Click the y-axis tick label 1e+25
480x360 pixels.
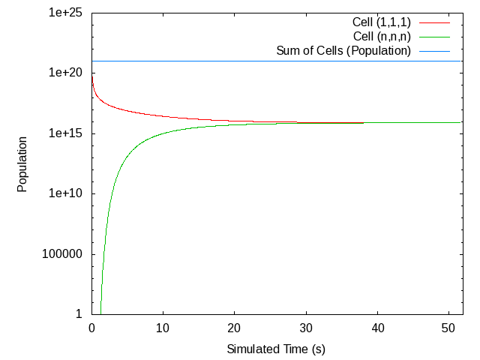pyautogui.click(x=65, y=13)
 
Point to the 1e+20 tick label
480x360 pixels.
pyautogui.click(x=65, y=73)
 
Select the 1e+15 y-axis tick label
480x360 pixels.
pyautogui.click(x=65, y=133)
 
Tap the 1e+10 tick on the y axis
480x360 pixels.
pyautogui.click(x=65, y=193)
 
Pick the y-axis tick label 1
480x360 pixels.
pyautogui.click(x=78, y=313)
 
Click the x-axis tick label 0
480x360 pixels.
pyautogui.click(x=91, y=328)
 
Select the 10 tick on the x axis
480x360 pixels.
pyautogui.click(x=163, y=328)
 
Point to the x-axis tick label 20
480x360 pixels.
pyautogui.click(x=235, y=328)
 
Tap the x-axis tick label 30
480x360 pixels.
pyautogui.click(x=306, y=328)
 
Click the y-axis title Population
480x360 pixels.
pyautogui.click(x=22, y=163)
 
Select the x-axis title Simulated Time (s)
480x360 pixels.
pyautogui.click(x=276, y=349)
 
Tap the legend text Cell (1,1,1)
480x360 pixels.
pyautogui.click(x=382, y=22)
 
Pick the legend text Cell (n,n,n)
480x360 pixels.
pyautogui.click(x=382, y=36)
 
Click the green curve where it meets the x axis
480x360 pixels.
pyautogui.click(x=100, y=313)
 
